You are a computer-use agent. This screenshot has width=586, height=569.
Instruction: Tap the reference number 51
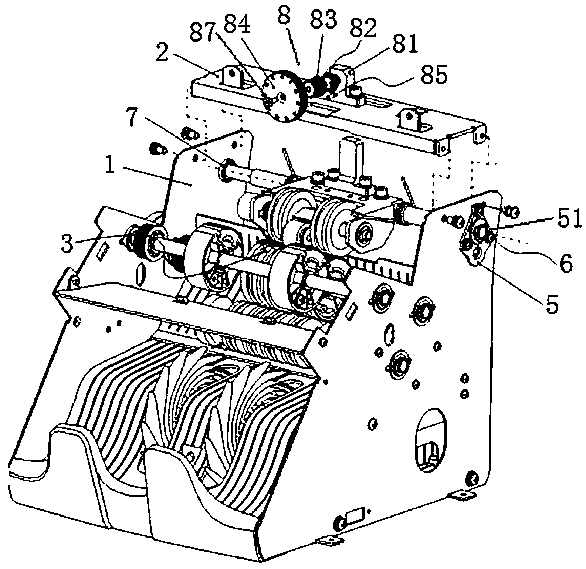(x=568, y=219)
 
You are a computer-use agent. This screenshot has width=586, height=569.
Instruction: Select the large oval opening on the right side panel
(x=431, y=439)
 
